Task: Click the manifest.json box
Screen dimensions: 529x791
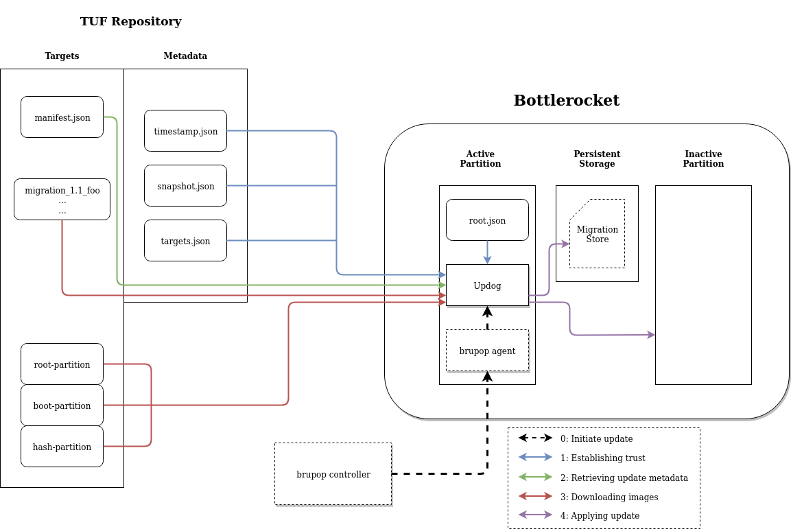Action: click(62, 117)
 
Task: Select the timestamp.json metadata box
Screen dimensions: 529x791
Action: click(185, 131)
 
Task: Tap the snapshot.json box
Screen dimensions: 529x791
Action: click(185, 186)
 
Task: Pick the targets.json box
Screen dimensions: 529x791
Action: click(185, 241)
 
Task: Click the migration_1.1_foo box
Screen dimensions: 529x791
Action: click(62, 200)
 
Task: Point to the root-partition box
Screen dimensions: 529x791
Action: click(62, 364)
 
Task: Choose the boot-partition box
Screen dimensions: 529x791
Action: click(62, 405)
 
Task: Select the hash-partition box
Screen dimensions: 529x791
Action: click(62, 447)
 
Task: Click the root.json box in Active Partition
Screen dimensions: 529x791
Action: click(487, 220)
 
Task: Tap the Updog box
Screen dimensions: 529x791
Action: click(487, 285)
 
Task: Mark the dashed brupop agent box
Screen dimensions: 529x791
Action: click(487, 351)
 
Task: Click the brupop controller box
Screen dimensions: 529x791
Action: click(333, 474)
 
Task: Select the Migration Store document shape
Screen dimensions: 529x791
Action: click(597, 234)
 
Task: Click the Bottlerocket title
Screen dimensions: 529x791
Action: click(566, 101)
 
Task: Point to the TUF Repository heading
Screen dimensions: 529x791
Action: click(130, 21)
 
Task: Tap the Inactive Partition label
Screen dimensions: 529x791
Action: click(703, 159)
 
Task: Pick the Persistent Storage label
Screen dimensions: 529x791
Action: click(597, 159)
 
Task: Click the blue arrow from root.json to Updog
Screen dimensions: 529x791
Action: click(487, 252)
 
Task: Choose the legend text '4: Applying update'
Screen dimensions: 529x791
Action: click(600, 515)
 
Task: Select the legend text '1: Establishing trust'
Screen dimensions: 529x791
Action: click(602, 458)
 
